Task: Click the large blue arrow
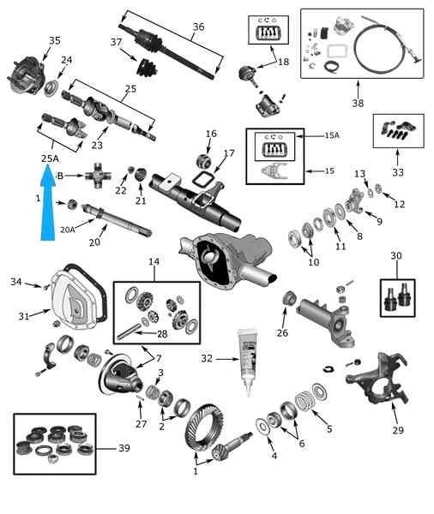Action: pyautogui.click(x=48, y=203)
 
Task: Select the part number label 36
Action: pyautogui.click(x=198, y=27)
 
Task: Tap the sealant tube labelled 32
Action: pyautogui.click(x=248, y=362)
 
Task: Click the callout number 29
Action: pyautogui.click(x=398, y=430)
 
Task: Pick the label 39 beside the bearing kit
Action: pyautogui.click(x=124, y=448)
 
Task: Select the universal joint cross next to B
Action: pyautogui.click(x=98, y=176)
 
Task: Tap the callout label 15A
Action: pyautogui.click(x=332, y=135)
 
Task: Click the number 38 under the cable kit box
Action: pyautogui.click(x=358, y=103)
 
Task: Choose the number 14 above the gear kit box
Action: pyautogui.click(x=154, y=261)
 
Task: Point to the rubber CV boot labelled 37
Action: pyautogui.click(x=147, y=68)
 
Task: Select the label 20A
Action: pyautogui.click(x=68, y=230)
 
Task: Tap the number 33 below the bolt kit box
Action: pyautogui.click(x=398, y=172)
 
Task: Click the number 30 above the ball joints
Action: pyautogui.click(x=396, y=255)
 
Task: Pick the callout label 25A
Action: pyautogui.click(x=50, y=158)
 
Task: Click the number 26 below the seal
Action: pyautogui.click(x=282, y=332)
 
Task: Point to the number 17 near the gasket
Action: pyautogui.click(x=229, y=153)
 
